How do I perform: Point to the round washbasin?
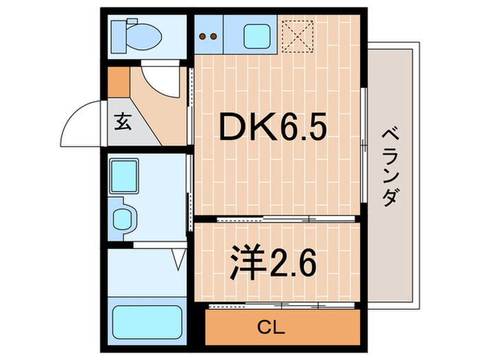click(x=124, y=218)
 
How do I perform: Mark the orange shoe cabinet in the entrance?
click(x=119, y=82)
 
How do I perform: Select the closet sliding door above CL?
click(x=281, y=303)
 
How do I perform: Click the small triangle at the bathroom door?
click(x=180, y=259)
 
